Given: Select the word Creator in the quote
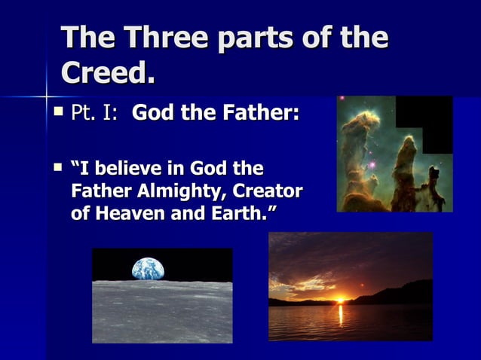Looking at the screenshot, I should tap(271, 189).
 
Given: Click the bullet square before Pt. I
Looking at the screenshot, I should tap(60, 113).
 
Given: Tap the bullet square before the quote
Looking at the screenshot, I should tap(60, 165).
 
